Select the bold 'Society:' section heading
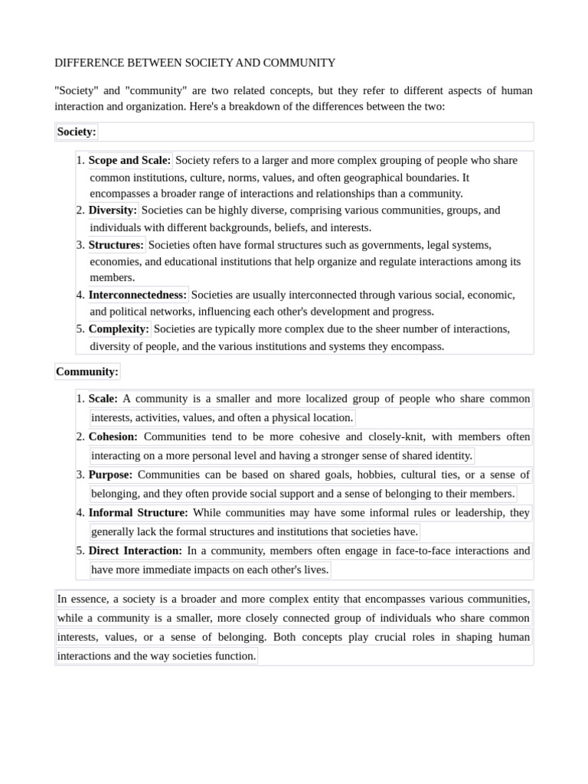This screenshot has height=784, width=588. point(77,132)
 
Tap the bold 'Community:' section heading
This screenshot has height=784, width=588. point(87,372)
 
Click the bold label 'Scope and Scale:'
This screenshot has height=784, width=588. point(129,161)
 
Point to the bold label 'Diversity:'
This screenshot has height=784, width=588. point(113,211)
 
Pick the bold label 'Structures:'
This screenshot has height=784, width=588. point(116,246)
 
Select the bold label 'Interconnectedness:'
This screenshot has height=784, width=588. point(138,295)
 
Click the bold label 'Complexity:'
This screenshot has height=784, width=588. point(119,329)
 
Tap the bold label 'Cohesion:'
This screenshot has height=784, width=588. point(113,437)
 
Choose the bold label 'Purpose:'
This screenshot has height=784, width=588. point(110,475)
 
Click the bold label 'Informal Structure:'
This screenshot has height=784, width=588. point(138,513)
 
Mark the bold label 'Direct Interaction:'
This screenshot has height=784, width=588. point(136,550)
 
